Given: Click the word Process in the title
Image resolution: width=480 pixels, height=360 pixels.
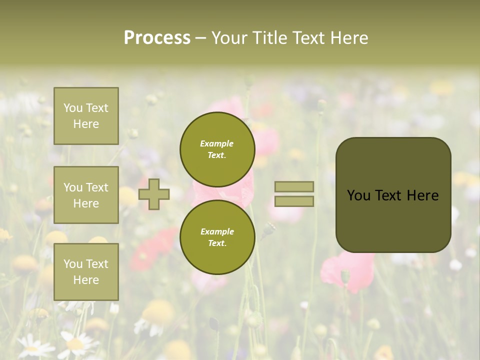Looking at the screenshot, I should [157, 38].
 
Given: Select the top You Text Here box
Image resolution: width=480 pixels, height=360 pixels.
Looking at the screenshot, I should [86, 116].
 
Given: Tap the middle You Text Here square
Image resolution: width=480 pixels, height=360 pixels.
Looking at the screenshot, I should [86, 195].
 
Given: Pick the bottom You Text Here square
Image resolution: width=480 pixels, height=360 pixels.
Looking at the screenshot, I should [86, 272].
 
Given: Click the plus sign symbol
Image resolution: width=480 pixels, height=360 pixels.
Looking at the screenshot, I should [154, 194].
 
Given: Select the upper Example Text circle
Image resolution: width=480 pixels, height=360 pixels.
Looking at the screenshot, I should [217, 149].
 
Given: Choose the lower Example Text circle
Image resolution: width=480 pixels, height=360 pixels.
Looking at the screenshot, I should [217, 237].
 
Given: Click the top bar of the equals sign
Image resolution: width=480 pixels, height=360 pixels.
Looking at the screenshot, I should [294, 186].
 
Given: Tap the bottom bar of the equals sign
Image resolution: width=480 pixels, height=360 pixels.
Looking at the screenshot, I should [294, 201].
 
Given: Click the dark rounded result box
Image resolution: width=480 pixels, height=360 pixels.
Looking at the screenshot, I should [393, 195].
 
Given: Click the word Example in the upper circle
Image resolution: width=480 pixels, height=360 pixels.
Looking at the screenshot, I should [217, 143].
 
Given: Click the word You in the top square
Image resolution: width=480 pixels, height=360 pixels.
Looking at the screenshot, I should [73, 108].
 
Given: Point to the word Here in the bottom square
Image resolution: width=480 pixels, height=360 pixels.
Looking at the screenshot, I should [86, 280].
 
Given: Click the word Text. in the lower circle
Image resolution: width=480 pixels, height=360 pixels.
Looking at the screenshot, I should [217, 243].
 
